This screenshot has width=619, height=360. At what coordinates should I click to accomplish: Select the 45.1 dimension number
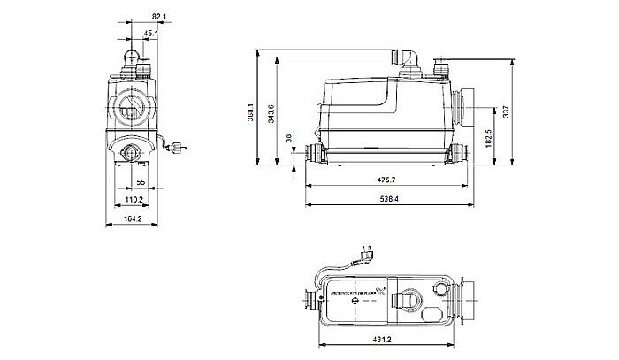151,34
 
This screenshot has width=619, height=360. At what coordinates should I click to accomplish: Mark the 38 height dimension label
287,138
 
